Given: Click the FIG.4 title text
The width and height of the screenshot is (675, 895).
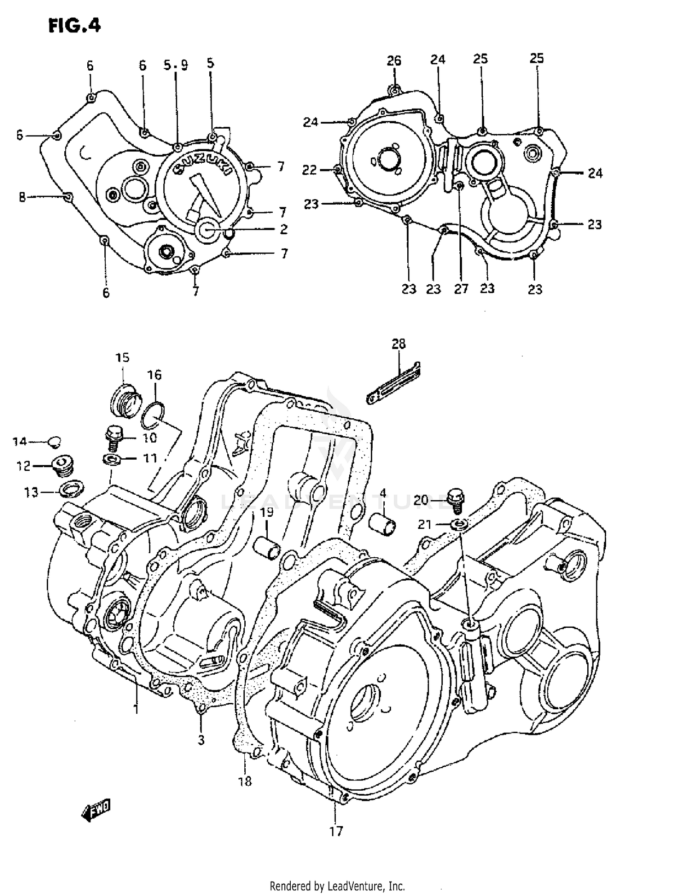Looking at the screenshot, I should point(74,26).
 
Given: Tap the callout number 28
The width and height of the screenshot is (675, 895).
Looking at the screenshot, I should point(398,344).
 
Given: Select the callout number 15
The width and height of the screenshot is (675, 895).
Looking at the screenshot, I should point(122,358).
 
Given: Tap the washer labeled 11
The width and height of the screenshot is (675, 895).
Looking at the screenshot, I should point(111,459).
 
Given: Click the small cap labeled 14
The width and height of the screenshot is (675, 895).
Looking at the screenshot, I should point(54,442).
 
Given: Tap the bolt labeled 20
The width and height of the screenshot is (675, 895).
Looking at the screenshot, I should point(456,500).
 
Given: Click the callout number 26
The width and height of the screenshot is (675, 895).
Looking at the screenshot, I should point(394,61).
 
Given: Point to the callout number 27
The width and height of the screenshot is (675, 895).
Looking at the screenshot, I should point(461,289).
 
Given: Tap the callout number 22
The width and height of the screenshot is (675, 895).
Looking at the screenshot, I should point(310,170).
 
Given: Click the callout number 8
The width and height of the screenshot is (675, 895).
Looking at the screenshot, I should point(22,197).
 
